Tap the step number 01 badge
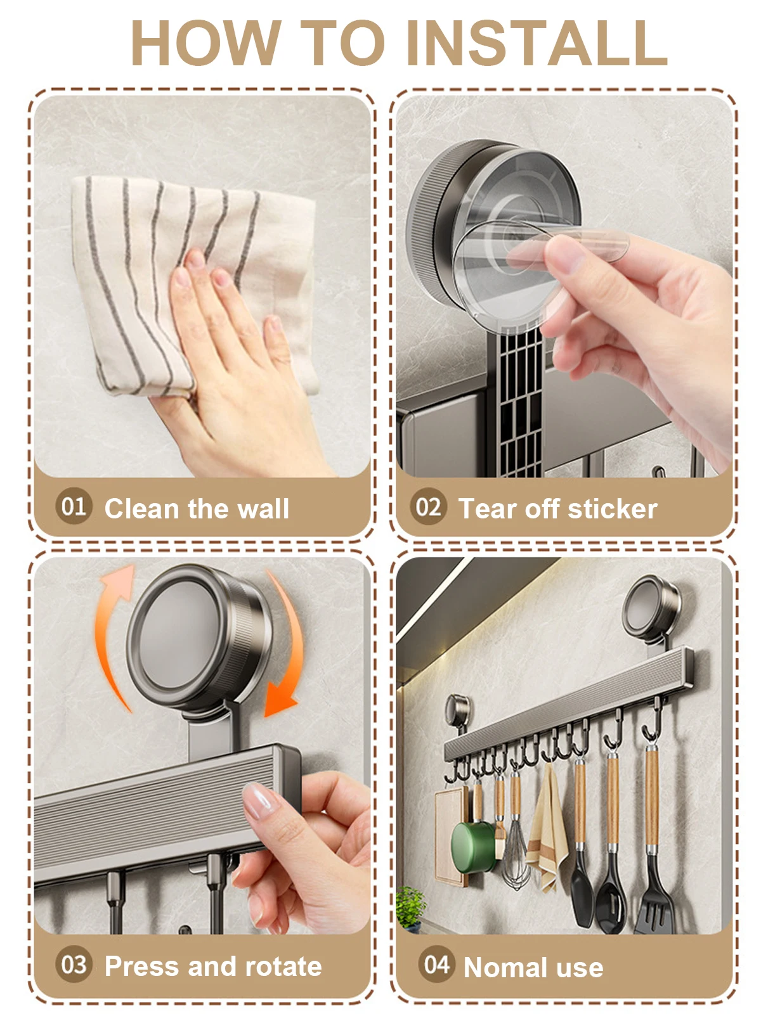74,507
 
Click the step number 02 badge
428,507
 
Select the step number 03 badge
74,965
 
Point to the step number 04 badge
436,965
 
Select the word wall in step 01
263,509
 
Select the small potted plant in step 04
410,906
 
